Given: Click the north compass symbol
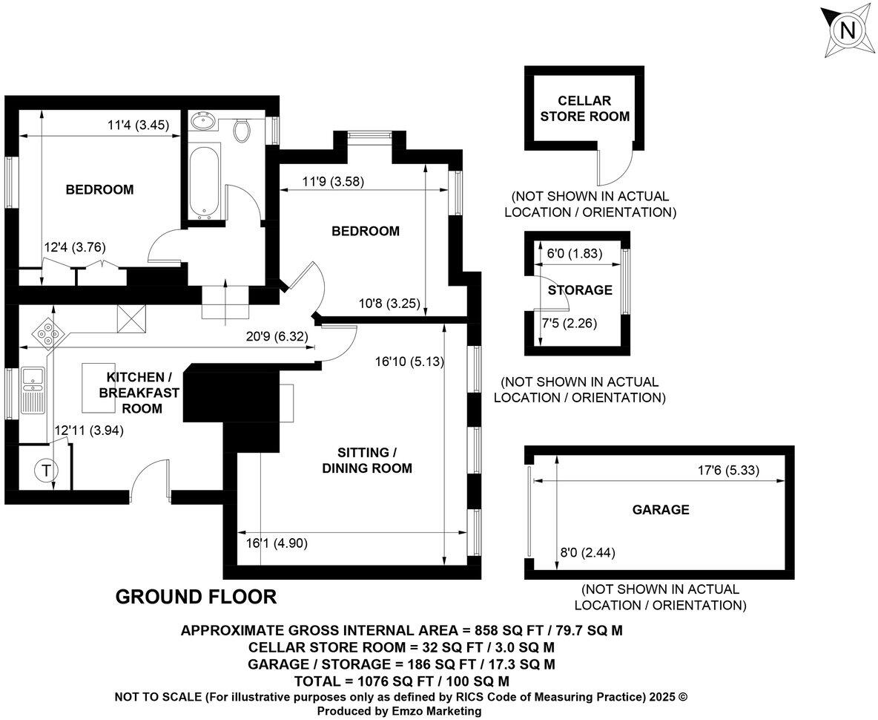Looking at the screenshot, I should click(x=848, y=31).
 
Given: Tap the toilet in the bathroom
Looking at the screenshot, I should click(x=242, y=131).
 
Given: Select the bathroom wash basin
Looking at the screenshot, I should click(x=202, y=121).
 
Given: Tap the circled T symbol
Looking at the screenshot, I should click(x=46, y=470).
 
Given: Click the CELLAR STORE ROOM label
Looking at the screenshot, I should click(x=584, y=108).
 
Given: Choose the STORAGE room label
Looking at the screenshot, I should click(x=580, y=290).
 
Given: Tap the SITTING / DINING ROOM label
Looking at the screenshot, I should click(x=363, y=460).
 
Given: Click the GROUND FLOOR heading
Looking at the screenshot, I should click(x=196, y=597).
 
